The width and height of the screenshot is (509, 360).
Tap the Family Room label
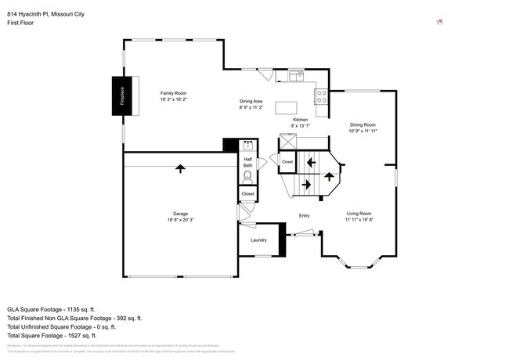click(x=174, y=95)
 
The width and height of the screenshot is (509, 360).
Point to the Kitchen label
click(x=300, y=122)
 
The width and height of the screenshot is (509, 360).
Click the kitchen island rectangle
click(x=287, y=106)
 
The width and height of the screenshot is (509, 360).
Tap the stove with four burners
click(x=320, y=96)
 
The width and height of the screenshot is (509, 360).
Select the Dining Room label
click(x=363, y=128)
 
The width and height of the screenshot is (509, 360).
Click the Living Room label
click(x=359, y=216)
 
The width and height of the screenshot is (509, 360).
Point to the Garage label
click(x=180, y=217)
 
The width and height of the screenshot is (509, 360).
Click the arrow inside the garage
click(x=181, y=168)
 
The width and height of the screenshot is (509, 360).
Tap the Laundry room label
click(x=258, y=240)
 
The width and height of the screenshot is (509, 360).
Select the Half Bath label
click(x=247, y=162)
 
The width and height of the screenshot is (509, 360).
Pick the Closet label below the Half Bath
click(x=247, y=193)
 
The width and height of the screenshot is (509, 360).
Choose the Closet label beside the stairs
click(x=287, y=162)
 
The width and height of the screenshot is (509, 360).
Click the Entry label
click(x=305, y=216)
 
